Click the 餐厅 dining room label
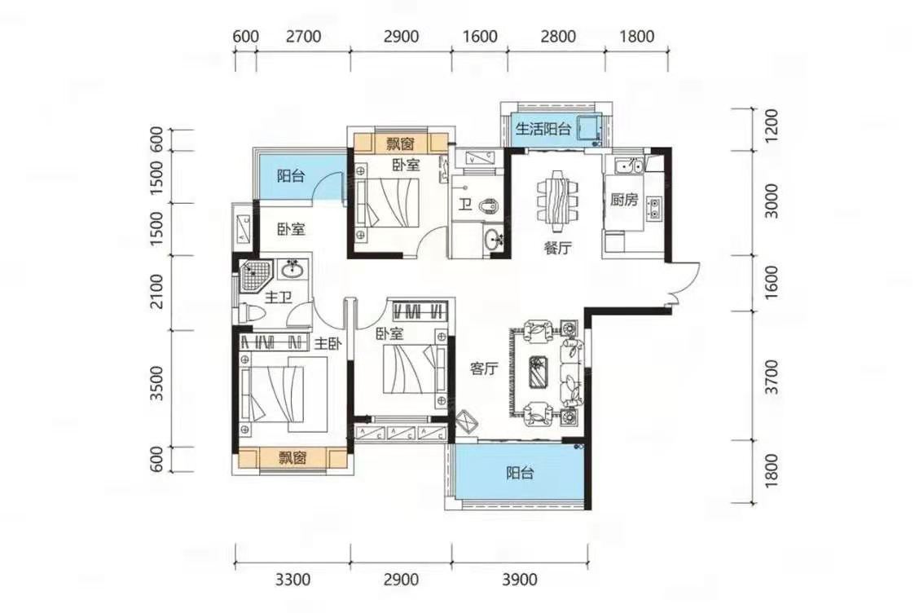pos(556,248)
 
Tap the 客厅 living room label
pos(484,369)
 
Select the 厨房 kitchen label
pos(623,200)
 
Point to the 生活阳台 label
pos(543,129)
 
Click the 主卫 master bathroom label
pos(278,298)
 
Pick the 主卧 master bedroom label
pos(328,344)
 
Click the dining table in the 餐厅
pos(556,196)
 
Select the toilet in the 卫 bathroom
pos(489,206)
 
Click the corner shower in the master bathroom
pos(253,276)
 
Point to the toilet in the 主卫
pos(252,312)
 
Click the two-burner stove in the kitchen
pos(653,207)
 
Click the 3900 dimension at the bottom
pos(520,580)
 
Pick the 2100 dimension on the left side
pos(156,291)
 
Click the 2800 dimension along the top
pos(558,37)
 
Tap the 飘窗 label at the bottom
pos(292,457)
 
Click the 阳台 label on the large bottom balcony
pos(520,473)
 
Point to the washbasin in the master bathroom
pos(292,270)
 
